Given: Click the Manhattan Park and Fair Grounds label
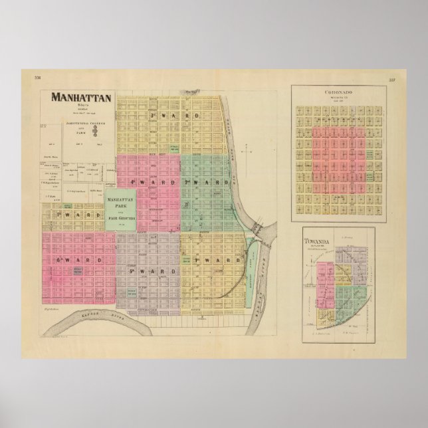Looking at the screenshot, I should [121, 209].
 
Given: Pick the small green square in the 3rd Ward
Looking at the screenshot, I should [175, 147].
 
